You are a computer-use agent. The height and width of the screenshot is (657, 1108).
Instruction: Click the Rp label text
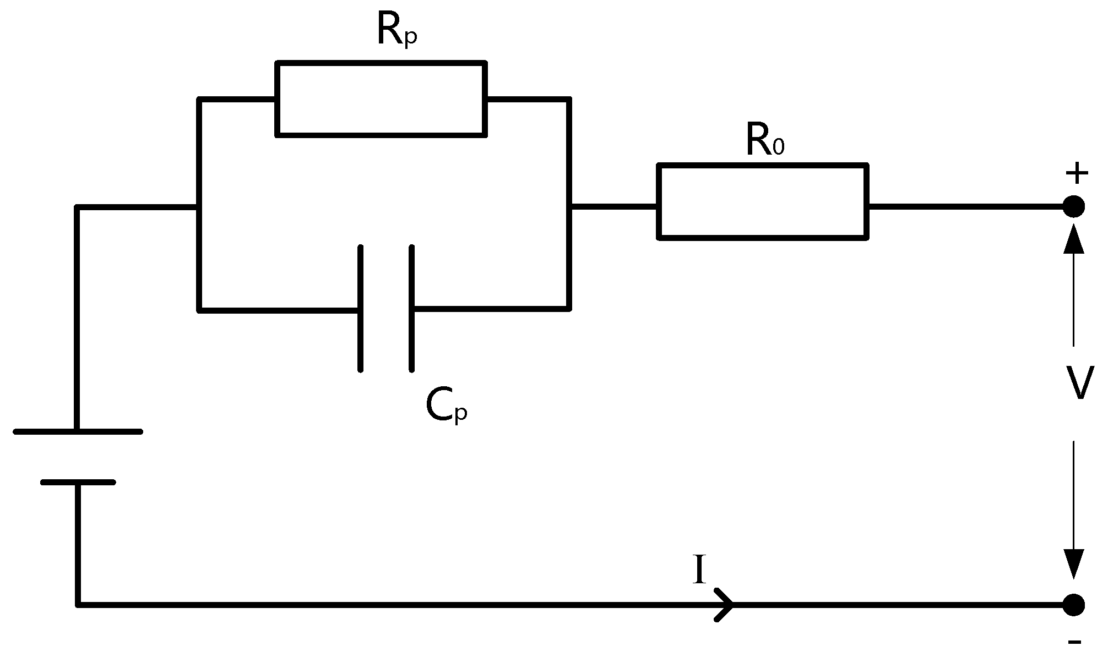click(397, 31)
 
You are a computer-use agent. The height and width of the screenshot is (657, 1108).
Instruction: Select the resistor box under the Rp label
click(381, 99)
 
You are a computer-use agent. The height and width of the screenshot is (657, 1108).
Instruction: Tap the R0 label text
click(764, 141)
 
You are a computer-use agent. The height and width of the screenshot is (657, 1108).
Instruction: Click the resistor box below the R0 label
click(763, 201)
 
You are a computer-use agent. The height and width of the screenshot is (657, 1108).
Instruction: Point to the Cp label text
click(446, 406)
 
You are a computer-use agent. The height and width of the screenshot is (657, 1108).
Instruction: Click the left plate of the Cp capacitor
click(361, 308)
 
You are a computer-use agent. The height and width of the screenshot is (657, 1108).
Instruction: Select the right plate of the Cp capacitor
click(411, 308)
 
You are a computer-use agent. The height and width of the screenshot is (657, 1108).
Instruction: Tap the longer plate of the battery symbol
click(78, 432)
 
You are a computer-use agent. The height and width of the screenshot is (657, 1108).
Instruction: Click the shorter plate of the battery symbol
click(78, 483)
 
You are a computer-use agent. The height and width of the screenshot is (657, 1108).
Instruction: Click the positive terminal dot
click(1073, 207)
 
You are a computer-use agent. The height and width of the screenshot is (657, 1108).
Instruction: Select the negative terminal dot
click(1073, 605)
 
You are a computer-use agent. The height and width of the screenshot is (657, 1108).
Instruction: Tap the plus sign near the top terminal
click(1077, 174)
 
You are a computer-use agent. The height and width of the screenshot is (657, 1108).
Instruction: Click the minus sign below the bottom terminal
click(1074, 642)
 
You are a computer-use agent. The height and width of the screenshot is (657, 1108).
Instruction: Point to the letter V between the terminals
click(1079, 383)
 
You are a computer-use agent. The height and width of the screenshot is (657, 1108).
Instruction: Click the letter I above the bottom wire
click(699, 570)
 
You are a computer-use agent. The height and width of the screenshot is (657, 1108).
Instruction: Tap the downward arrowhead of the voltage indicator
click(1073, 563)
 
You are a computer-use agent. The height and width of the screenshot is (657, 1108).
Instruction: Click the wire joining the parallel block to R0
click(613, 207)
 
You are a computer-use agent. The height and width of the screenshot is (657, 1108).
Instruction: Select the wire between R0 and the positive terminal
click(964, 207)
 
